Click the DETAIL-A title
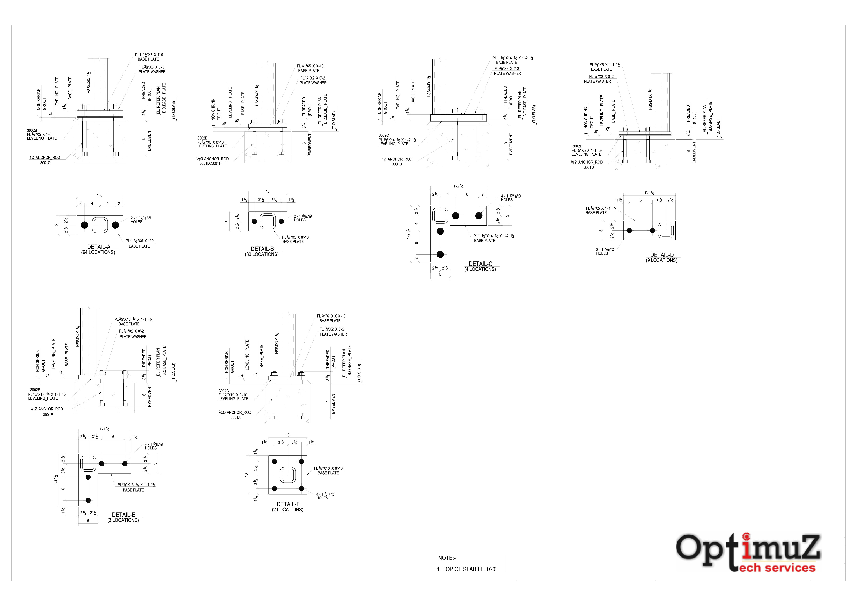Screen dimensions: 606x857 pyautogui.click(x=99, y=247)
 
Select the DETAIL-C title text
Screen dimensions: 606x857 pyautogui.click(x=480, y=264)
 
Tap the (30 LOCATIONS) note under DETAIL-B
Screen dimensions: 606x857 pyautogui.click(x=262, y=254)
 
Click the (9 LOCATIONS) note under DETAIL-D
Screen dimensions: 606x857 pyautogui.click(x=661, y=260)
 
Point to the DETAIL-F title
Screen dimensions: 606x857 pyautogui.click(x=288, y=504)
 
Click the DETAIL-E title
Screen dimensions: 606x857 pyautogui.click(x=124, y=515)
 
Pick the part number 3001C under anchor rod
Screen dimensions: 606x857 pyautogui.click(x=45, y=163)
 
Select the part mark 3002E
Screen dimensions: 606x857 pyautogui.click(x=202, y=138)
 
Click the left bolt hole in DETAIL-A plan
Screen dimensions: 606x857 pyautogui.click(x=85, y=225)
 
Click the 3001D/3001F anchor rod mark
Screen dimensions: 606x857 pyautogui.click(x=210, y=163)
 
